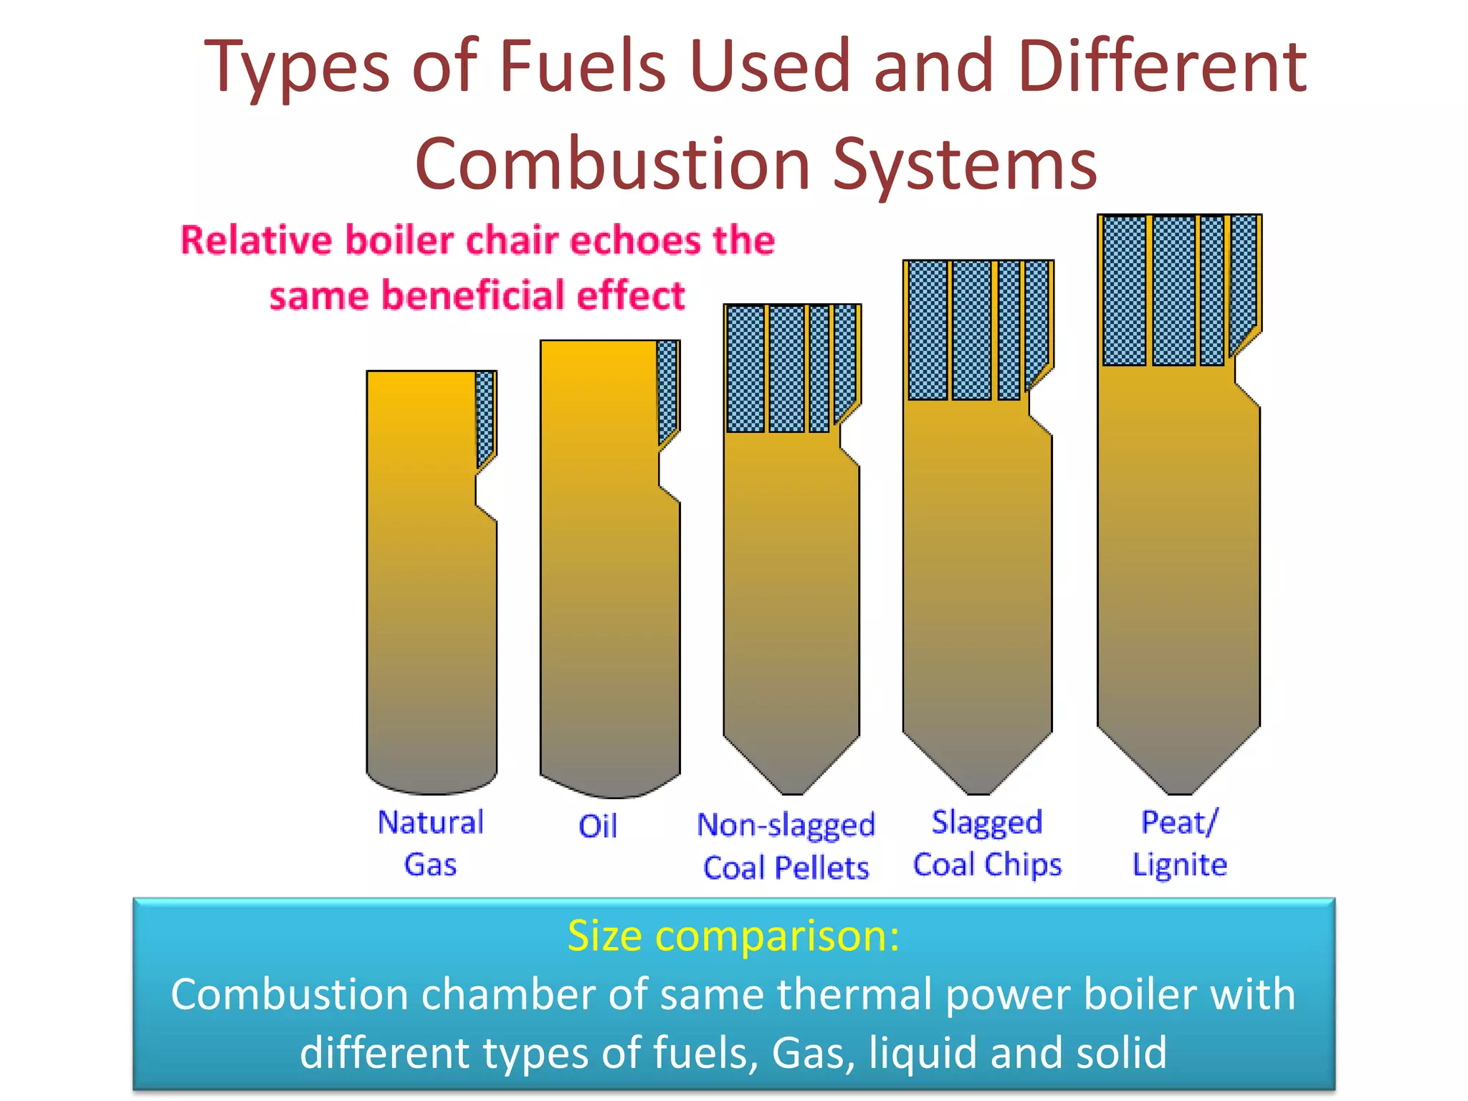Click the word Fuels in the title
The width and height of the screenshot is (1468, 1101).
[582, 66]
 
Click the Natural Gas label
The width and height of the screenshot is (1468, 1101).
[431, 843]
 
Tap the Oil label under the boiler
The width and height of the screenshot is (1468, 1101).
[598, 826]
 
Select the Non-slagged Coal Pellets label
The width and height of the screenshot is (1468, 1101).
[786, 847]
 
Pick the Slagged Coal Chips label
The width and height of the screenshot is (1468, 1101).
[987, 844]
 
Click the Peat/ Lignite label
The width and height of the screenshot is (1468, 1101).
[1179, 844]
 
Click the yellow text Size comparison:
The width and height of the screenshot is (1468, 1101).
[733, 935]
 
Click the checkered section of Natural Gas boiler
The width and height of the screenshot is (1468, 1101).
[485, 416]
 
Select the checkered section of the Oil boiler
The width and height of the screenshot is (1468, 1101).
[667, 387]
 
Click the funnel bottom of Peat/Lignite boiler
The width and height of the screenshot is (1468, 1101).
[1179, 763]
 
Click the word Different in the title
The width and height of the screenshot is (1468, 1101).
[1162, 66]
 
